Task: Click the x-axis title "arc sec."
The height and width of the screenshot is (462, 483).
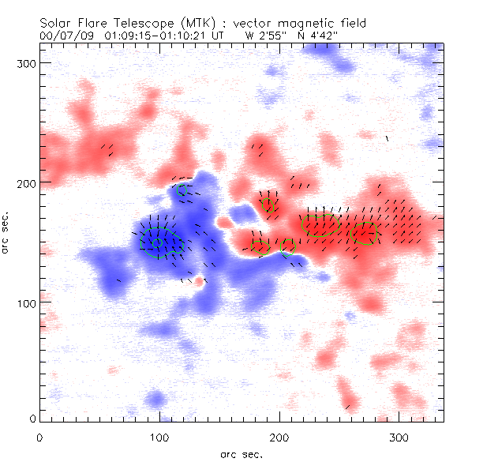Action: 241,454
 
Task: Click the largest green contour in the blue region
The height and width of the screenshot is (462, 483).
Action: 162,243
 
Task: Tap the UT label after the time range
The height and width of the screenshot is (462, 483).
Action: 226,35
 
